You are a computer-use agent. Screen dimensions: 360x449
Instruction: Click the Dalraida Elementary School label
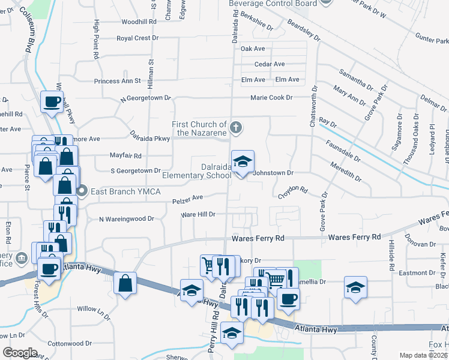tap(196, 170)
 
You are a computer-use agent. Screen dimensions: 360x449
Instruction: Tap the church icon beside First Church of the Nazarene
tap(237, 128)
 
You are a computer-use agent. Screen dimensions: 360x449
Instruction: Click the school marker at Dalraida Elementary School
tap(243, 162)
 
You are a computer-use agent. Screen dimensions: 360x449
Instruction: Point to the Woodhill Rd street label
tap(138, 22)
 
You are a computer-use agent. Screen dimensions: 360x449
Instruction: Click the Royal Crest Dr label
tap(137, 38)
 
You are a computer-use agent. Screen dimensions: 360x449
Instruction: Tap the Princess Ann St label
tap(117, 81)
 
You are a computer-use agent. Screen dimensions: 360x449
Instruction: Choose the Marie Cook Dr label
tap(271, 98)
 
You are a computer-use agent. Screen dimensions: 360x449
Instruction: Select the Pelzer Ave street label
tap(188, 197)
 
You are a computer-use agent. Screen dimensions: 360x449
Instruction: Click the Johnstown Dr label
tap(273, 173)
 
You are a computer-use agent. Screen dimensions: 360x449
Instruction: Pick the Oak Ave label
tap(253, 49)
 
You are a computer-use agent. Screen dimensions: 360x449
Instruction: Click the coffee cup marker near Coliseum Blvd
tap(52, 101)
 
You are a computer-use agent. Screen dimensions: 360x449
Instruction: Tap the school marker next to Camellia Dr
tap(355, 287)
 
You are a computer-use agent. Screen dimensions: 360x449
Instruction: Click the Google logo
tap(20, 353)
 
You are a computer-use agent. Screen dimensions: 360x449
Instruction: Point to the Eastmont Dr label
tap(412, 272)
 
